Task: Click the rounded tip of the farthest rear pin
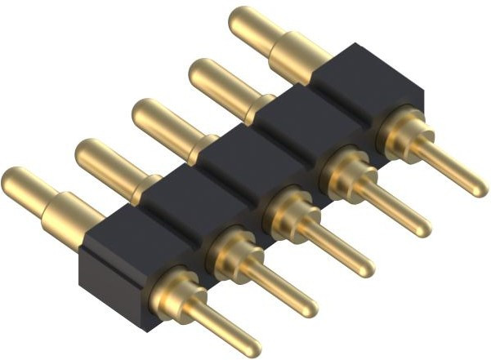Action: tap(242, 20)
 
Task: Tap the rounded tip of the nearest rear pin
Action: tap(15, 180)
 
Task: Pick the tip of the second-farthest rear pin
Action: tap(200, 72)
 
